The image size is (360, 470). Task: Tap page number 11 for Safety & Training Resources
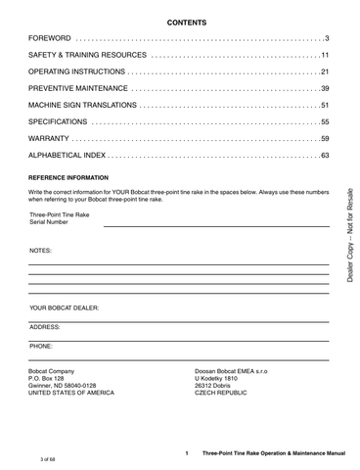tap(325, 55)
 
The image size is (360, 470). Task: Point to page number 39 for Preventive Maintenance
tap(325, 88)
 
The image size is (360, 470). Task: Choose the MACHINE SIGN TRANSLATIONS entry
tap(84, 105)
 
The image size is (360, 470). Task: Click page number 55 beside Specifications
tap(325, 121)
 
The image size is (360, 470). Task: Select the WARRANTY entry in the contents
tap(52, 138)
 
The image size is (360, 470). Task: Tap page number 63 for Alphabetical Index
tap(325, 155)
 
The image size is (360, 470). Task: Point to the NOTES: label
tap(41, 251)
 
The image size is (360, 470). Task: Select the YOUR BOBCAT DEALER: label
tap(65, 306)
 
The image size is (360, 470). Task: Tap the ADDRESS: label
tap(45, 326)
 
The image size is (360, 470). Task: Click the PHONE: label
tap(41, 346)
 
